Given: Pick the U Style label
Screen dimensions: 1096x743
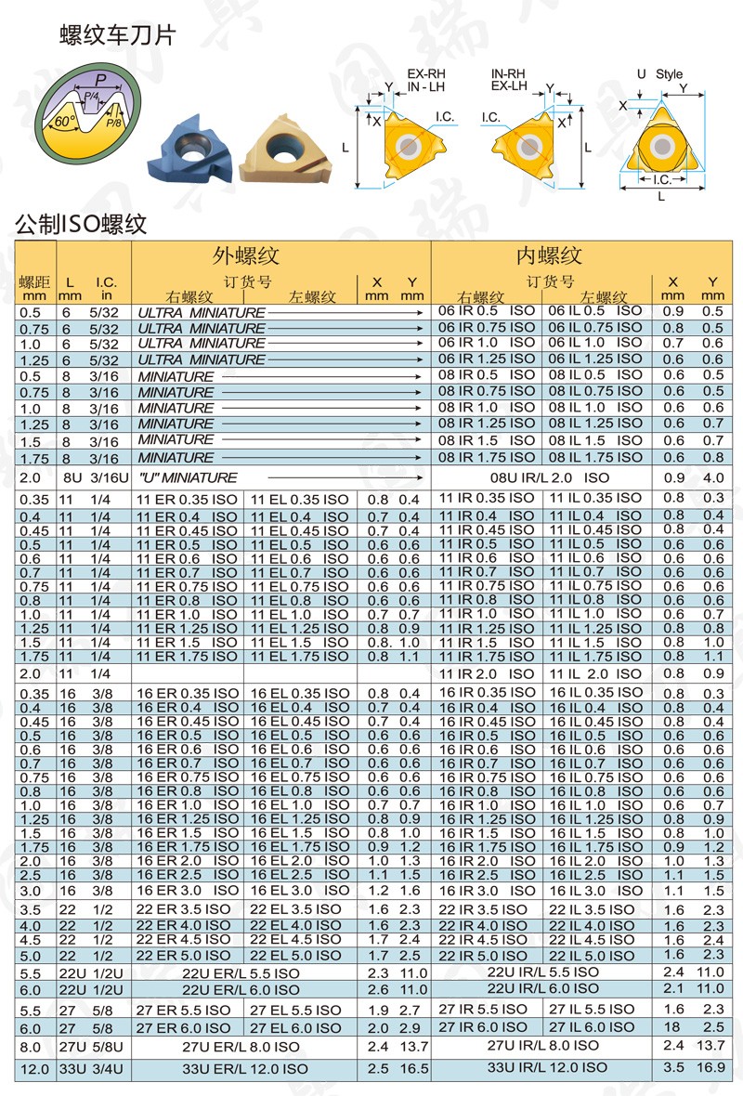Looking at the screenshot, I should click(x=659, y=74).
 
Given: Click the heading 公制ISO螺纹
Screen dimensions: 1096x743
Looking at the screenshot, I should click(x=82, y=224).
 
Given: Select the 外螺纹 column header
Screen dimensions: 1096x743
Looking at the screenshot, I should click(x=245, y=256).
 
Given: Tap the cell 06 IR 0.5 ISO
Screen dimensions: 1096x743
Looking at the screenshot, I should click(x=487, y=311).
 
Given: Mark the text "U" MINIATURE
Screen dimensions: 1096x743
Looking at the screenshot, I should click(x=188, y=477).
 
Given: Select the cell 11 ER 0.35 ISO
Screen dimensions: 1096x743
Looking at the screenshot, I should click(x=187, y=500).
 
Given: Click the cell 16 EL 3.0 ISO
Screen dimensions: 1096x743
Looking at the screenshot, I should click(x=300, y=890).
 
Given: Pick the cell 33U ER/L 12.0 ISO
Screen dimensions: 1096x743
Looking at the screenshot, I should click(x=244, y=1069).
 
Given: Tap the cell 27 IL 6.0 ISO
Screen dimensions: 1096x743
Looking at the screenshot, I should click(x=592, y=1026).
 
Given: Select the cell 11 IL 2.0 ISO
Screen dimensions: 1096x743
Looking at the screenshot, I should click(x=594, y=673).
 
